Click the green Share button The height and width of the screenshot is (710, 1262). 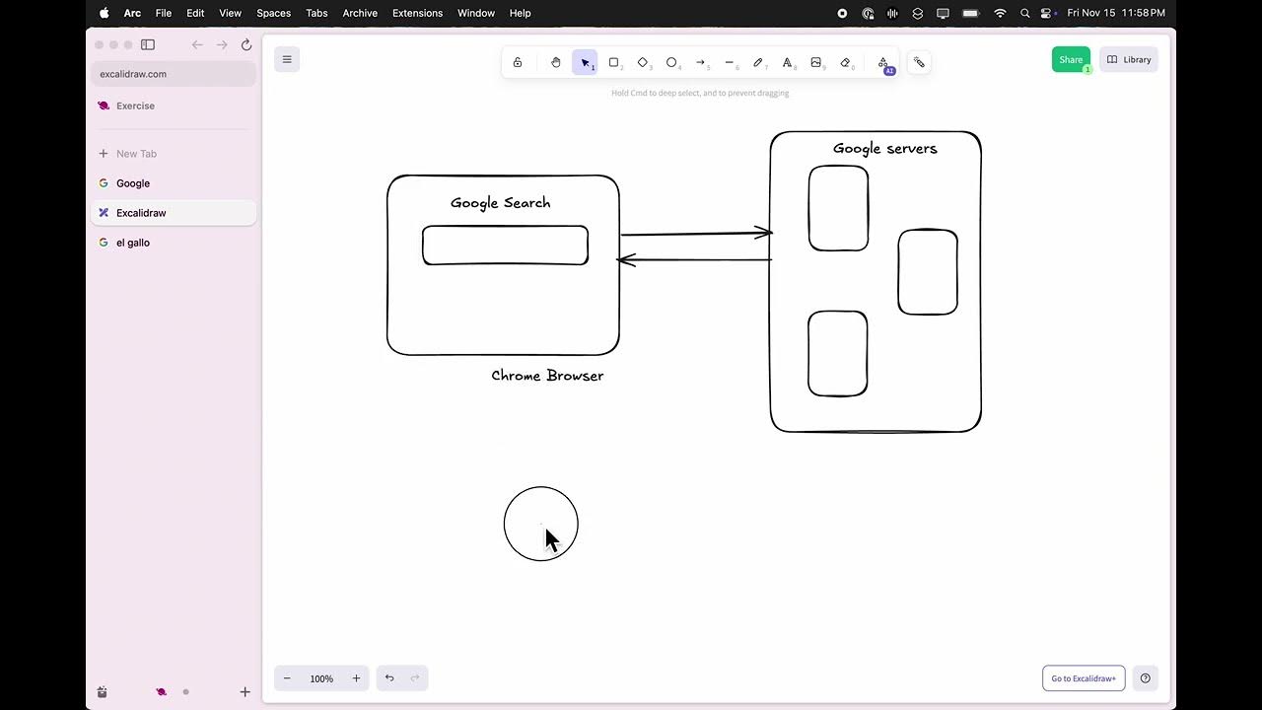[x=1070, y=60]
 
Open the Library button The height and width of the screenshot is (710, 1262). [x=1129, y=60]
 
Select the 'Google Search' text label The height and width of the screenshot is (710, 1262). [x=500, y=203]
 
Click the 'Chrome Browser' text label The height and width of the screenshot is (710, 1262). [x=547, y=376]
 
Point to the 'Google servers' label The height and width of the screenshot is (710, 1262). [x=884, y=149]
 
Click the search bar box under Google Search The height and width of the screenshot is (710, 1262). [x=505, y=246]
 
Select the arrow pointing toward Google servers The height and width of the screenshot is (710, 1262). [x=695, y=234]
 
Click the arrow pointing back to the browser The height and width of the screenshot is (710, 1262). [x=694, y=260]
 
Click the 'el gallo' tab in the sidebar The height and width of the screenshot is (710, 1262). [x=133, y=243]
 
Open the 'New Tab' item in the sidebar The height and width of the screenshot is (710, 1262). [x=136, y=154]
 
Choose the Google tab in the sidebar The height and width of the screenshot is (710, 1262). [x=133, y=183]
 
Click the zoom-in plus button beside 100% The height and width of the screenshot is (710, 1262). [x=356, y=678]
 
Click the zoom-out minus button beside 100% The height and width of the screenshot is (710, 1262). [x=287, y=678]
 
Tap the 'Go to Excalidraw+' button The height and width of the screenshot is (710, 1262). [x=1083, y=678]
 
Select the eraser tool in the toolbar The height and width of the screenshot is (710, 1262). [x=845, y=62]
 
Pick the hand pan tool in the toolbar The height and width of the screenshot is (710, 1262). [x=556, y=62]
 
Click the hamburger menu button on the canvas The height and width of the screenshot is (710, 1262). [x=287, y=59]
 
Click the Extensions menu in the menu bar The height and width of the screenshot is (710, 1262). [x=417, y=13]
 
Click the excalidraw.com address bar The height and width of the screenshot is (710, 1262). [x=173, y=74]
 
